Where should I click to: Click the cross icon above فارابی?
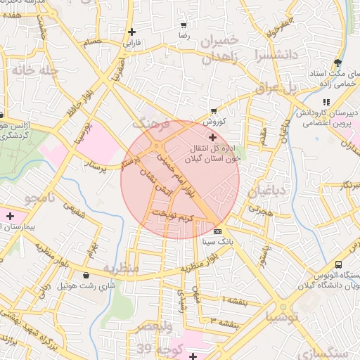pos(132,32)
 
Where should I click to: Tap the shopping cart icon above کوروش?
pos(214,111)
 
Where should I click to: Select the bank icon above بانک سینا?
pos(217,231)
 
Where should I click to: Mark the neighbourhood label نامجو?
pos(40,198)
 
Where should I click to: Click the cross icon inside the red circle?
pos(212,139)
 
